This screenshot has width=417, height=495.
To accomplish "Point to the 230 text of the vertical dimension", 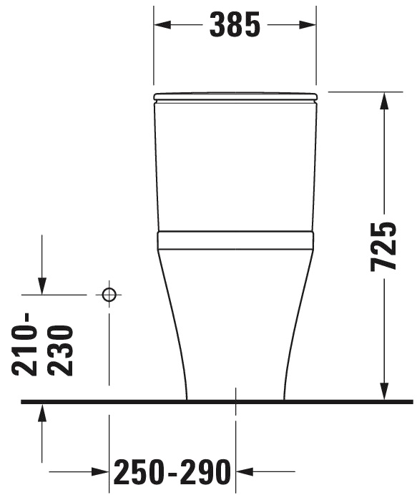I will (59, 350).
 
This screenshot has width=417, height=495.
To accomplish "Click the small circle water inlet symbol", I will (109, 294).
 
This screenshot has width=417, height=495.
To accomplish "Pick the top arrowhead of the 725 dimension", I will (385, 100).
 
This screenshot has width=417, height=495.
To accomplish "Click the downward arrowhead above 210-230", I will (42, 286).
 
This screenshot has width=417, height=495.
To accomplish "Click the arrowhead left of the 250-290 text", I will (101, 472).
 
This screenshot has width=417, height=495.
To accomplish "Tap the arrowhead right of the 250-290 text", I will (244, 472).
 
